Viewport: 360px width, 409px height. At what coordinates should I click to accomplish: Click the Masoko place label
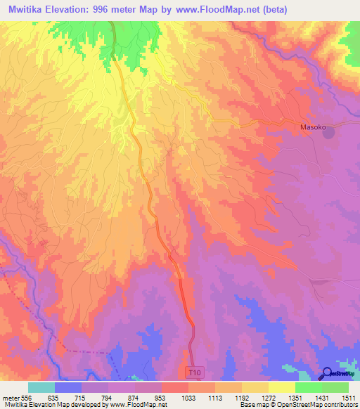[x=314, y=127]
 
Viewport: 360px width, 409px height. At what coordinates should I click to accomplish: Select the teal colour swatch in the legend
[x=41, y=387]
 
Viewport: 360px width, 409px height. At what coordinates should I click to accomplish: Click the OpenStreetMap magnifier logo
[x=326, y=373]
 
